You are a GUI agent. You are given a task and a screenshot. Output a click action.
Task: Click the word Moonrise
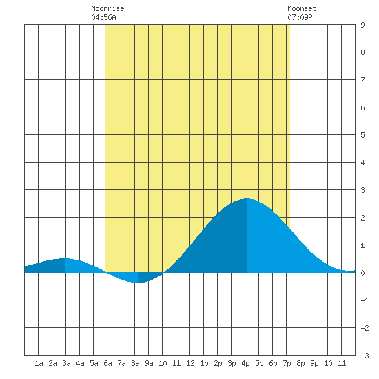click(107, 8)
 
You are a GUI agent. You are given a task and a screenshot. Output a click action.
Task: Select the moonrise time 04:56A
click(103, 17)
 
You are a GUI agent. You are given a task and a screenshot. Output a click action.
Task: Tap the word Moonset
click(302, 8)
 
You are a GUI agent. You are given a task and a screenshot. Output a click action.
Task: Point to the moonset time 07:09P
click(300, 17)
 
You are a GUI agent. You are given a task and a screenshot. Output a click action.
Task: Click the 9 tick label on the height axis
click(362, 25)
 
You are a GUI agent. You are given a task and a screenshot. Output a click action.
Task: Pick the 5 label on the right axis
click(362, 135)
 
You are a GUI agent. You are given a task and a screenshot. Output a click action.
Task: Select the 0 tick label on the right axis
click(362, 273)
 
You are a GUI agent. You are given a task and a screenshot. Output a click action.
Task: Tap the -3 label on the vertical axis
click(365, 356)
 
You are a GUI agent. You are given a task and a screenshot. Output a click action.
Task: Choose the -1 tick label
click(365, 300)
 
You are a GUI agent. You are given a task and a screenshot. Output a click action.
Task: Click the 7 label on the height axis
click(362, 80)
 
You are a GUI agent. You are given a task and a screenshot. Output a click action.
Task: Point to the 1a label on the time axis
click(39, 363)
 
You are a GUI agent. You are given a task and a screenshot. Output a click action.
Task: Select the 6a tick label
click(107, 363)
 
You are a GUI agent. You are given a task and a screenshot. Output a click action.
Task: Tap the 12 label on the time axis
click(190, 363)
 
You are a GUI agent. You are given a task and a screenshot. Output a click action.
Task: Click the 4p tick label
click(245, 363)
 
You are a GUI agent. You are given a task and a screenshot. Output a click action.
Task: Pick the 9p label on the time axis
click(314, 363)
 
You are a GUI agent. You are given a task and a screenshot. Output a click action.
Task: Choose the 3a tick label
click(66, 363)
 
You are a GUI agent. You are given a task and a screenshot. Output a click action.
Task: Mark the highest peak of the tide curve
click(247, 198)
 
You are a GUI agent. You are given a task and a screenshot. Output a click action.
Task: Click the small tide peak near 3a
click(64, 258)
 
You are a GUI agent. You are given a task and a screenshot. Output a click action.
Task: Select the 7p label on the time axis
click(287, 363)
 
